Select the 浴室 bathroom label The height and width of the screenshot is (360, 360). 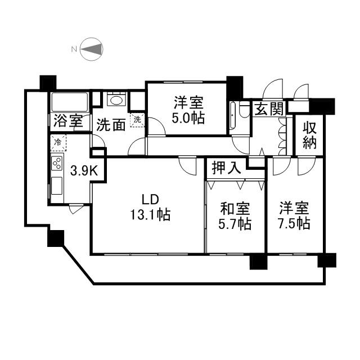pos(69,122)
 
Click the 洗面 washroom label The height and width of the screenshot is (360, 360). pos(111,124)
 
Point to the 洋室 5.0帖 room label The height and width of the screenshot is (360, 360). pos(188,110)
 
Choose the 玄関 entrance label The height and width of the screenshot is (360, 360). pos(269,109)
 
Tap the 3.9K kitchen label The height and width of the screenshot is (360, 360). pos(84,170)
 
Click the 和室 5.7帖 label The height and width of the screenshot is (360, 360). pos(235,216)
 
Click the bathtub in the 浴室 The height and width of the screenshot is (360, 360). pos(69,103)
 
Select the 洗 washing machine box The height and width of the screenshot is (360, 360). pos(137,119)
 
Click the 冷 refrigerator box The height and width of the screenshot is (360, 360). pos(57,143)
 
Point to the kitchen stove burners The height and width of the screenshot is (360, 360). pos(57,163)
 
